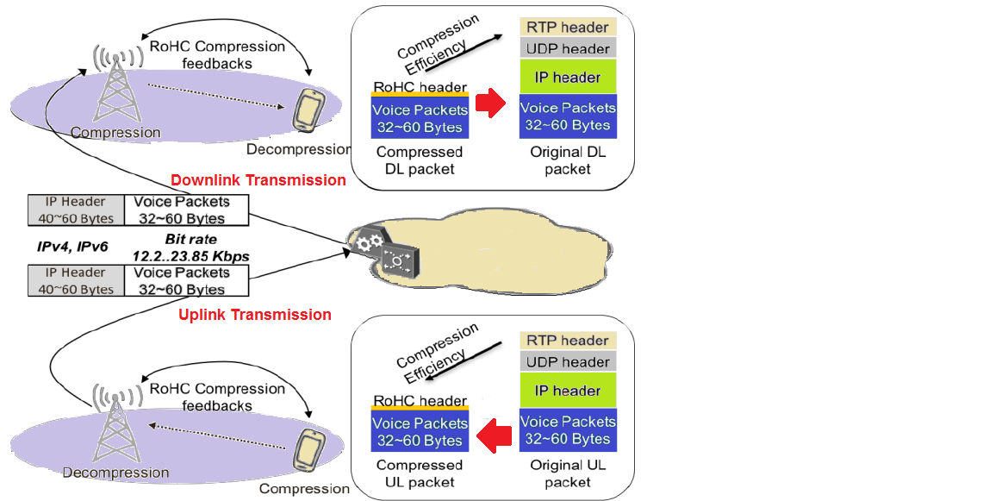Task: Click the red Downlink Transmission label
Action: (x=258, y=180)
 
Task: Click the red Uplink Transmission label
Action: (x=255, y=315)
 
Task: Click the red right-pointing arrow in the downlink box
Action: (x=490, y=104)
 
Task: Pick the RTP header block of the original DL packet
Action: (x=567, y=27)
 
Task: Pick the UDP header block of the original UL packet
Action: (x=567, y=362)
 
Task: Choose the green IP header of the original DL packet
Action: (x=567, y=78)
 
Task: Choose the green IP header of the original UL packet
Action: (x=567, y=391)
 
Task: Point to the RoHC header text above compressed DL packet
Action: (x=420, y=87)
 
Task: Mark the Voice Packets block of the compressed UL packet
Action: (x=420, y=431)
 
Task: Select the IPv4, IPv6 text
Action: (x=72, y=247)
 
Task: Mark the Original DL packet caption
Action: (x=568, y=160)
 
